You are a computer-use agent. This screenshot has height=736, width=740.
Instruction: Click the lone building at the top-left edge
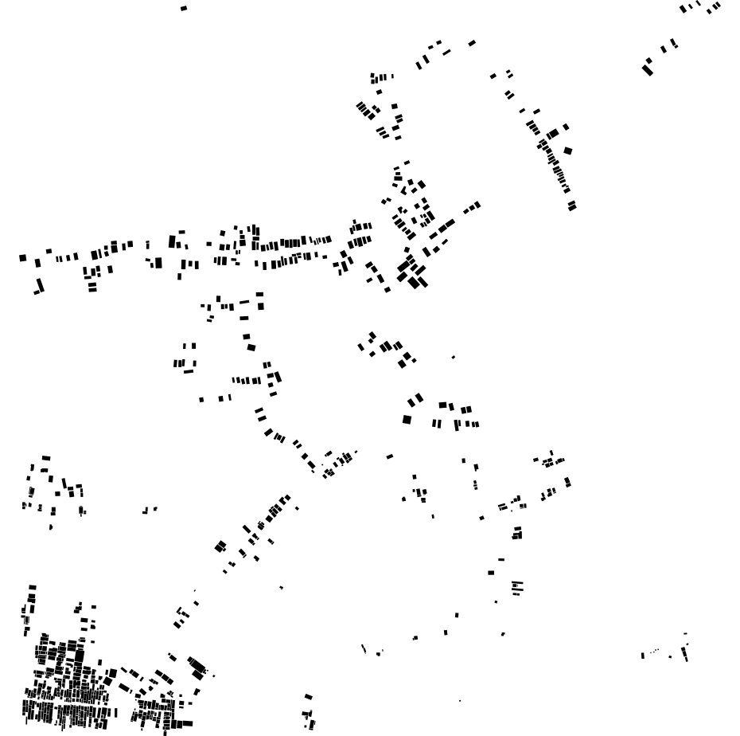[184, 8]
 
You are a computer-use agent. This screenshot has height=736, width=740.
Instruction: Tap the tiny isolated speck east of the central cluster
[454, 357]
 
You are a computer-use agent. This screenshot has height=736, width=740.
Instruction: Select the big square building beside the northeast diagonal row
[567, 150]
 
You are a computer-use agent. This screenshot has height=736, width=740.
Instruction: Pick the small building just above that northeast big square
[566, 127]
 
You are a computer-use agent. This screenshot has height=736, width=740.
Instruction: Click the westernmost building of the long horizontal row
[22, 258]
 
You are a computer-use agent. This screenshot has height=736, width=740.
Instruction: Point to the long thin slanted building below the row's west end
[40, 284]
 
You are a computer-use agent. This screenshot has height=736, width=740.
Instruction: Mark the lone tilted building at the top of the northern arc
[472, 43]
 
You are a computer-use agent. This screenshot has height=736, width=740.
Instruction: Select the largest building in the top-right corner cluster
[647, 70]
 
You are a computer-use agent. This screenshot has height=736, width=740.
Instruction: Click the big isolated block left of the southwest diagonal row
[220, 546]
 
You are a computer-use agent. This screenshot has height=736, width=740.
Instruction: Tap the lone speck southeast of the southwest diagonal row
[281, 588]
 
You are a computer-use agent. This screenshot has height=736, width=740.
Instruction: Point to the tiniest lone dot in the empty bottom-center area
[460, 701]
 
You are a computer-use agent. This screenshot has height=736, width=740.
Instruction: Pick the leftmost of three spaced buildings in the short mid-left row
[201, 399]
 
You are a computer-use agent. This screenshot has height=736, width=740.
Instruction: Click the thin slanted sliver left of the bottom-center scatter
[364, 649]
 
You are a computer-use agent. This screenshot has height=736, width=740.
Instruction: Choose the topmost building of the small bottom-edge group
[308, 697]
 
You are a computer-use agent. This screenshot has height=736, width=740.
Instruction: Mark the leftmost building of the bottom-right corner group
[642, 656]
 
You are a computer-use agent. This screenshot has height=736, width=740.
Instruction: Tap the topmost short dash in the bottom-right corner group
[685, 634]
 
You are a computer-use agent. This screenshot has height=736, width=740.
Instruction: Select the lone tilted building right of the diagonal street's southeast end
[390, 456]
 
